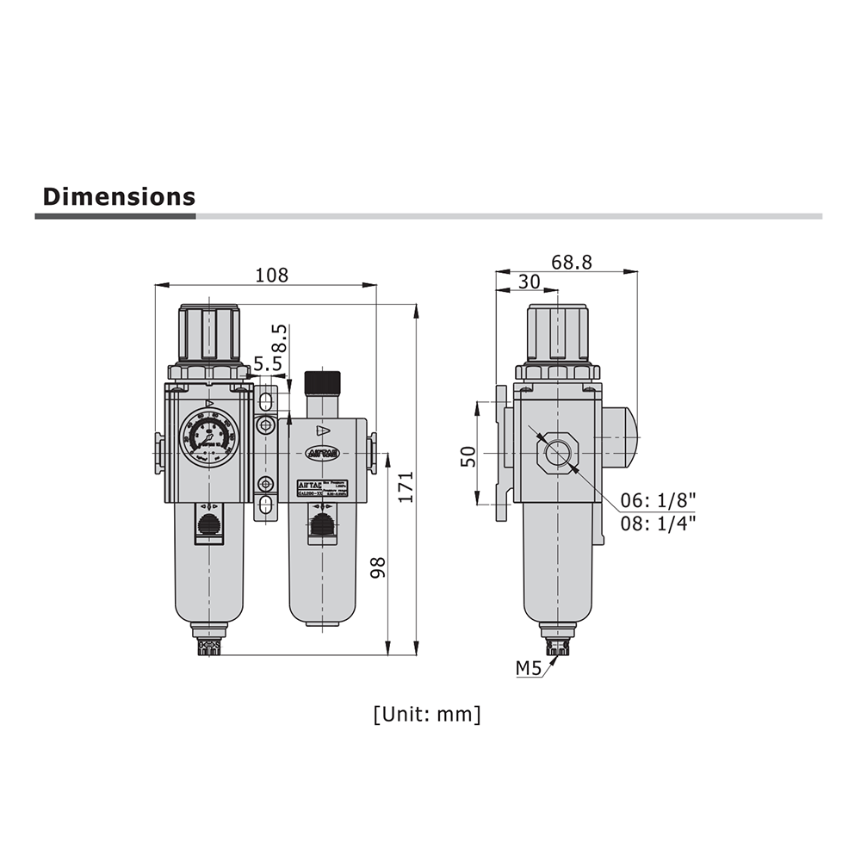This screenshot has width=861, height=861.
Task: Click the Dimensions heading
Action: pyautogui.click(x=119, y=196)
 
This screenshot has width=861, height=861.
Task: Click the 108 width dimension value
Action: pyautogui.click(x=272, y=275)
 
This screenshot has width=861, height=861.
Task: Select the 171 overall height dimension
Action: pyautogui.click(x=406, y=486)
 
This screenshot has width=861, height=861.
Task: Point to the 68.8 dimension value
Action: pyautogui.click(x=572, y=263)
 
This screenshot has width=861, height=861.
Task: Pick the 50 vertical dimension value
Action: pyautogui.click(x=468, y=455)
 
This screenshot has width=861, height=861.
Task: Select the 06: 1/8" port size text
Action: pyautogui.click(x=659, y=500)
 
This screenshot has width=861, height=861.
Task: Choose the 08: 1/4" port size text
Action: pyautogui.click(x=659, y=522)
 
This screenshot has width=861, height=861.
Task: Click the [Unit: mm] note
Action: pyautogui.click(x=427, y=714)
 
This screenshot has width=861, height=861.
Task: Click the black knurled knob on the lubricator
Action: pyautogui.click(x=322, y=381)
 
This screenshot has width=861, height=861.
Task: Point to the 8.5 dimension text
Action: pyautogui.click(x=277, y=337)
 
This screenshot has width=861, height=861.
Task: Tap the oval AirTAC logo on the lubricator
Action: pyautogui.click(x=322, y=453)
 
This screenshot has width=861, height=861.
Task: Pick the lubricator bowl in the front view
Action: pyautogui.click(x=322, y=577)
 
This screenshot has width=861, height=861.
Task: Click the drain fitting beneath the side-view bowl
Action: pyautogui.click(x=560, y=644)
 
